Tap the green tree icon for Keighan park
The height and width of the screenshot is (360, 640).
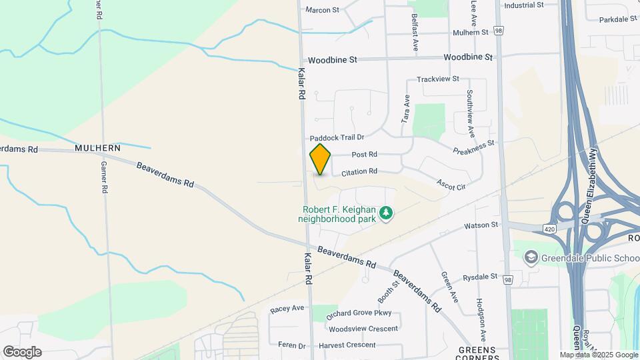pyautogui.click(x=385, y=213)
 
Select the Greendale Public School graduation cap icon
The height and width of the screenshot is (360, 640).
pyautogui.click(x=531, y=257)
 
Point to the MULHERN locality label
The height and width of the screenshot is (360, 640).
pyautogui.click(x=97, y=148)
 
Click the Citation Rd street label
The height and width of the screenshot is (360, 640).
pyautogui.click(x=359, y=172)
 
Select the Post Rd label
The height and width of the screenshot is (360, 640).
pyautogui.click(x=364, y=155)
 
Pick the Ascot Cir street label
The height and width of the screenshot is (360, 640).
pyautogui.click(x=451, y=183)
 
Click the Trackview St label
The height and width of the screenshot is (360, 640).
pyautogui.click(x=438, y=79)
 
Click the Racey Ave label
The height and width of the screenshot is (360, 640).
pyautogui.click(x=287, y=309)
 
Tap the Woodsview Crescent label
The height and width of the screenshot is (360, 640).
pyautogui.click(x=363, y=329)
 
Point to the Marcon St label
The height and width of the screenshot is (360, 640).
pyautogui.click(x=322, y=10)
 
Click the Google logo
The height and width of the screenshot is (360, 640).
pyautogui.click(x=22, y=352)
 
